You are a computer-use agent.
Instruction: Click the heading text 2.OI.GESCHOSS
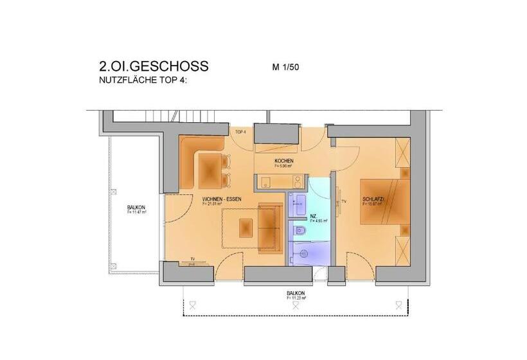[x=154, y=67]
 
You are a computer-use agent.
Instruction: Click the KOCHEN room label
[x=284, y=160]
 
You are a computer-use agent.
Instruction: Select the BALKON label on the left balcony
[x=136, y=208]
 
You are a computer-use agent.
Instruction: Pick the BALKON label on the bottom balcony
[x=296, y=293]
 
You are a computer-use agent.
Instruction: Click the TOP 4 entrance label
[x=241, y=132]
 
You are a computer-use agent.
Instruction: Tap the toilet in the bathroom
[x=298, y=230]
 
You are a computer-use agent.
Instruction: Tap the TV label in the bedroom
[x=344, y=203]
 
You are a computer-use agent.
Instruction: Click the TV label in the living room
[x=192, y=259]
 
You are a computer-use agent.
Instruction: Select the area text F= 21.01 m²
[x=220, y=204]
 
